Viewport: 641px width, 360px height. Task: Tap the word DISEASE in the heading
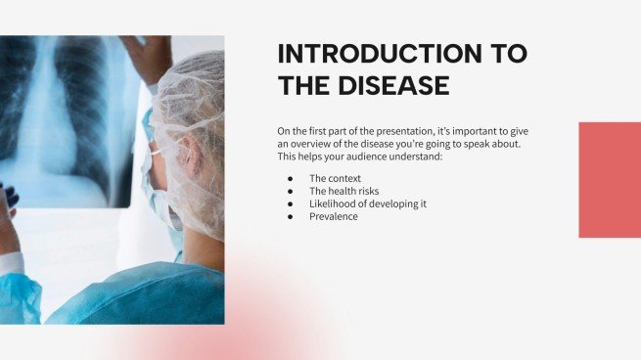tap(393, 86)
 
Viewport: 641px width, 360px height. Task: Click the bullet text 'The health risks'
tap(343, 191)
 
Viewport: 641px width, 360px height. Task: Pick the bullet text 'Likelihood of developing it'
tap(367, 203)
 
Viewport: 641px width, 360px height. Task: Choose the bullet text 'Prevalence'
tap(333, 216)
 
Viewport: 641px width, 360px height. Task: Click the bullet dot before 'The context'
tap(291, 178)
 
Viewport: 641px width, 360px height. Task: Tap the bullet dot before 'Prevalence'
tap(291, 216)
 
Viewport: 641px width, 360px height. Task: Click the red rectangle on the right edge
tap(609, 180)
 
